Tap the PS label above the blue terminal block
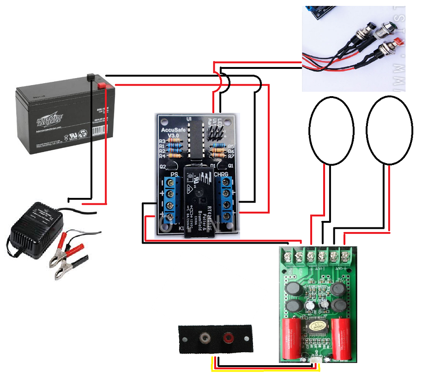[174, 174]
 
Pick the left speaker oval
[332, 130]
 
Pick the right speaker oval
[389, 130]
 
